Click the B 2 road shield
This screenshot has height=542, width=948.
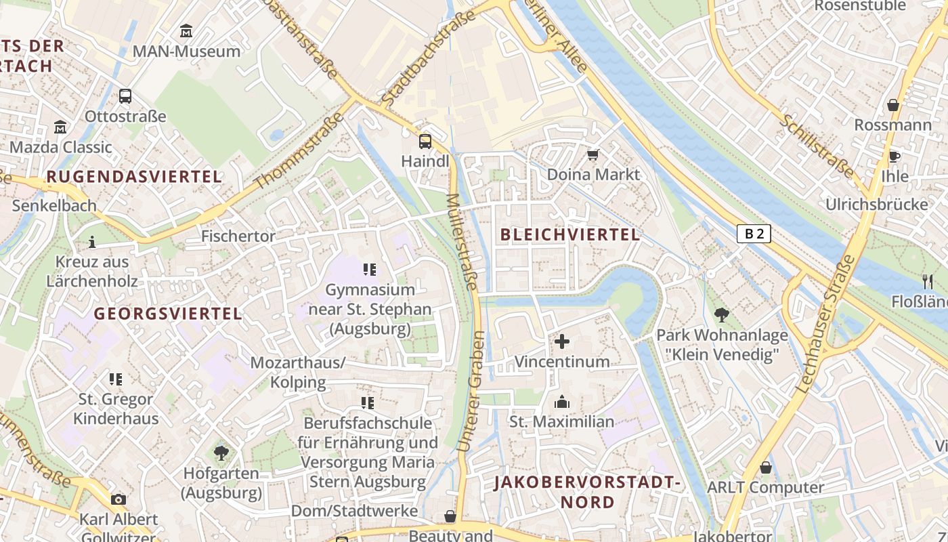pyautogui.click(x=754, y=234)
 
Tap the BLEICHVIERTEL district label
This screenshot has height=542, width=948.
pyautogui.click(x=569, y=235)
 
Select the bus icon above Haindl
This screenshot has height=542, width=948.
pyautogui.click(x=425, y=142)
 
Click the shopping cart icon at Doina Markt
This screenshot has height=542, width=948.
pyautogui.click(x=593, y=155)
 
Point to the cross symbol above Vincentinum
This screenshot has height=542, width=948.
pyautogui.click(x=562, y=341)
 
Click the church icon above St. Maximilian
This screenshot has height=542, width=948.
pyautogui.click(x=562, y=402)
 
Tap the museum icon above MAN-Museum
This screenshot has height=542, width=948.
pyautogui.click(x=186, y=31)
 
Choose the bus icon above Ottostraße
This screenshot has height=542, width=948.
pyautogui.click(x=125, y=96)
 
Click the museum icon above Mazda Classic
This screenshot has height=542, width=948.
pyautogui.click(x=60, y=127)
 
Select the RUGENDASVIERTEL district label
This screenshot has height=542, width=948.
pyautogui.click(x=134, y=177)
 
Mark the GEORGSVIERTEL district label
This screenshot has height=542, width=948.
pyautogui.click(x=168, y=314)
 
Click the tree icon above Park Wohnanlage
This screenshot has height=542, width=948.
pyautogui.click(x=722, y=315)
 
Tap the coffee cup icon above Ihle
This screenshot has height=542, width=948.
pyautogui.click(x=895, y=157)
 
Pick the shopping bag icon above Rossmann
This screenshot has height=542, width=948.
pyautogui.click(x=893, y=105)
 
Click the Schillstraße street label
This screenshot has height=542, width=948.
pyautogui.click(x=817, y=146)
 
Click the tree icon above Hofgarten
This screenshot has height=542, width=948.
pyautogui.click(x=221, y=453)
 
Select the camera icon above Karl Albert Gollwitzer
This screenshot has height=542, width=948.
pyautogui.click(x=118, y=499)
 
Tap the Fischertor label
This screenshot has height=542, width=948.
pyautogui.click(x=238, y=236)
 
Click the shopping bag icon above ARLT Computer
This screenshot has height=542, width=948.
pyautogui.click(x=766, y=467)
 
